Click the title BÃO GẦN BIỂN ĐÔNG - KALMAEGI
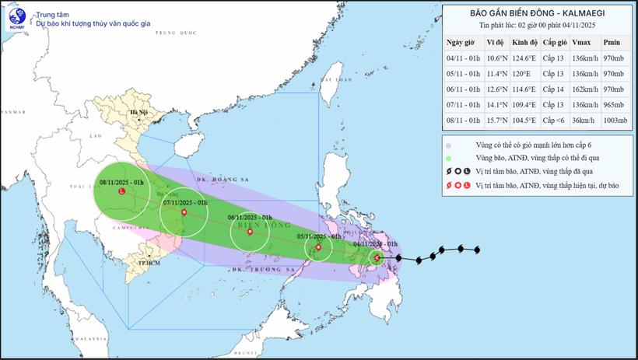(x=537, y=13)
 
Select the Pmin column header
(x=612, y=43)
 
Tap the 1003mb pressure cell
(x=612, y=121)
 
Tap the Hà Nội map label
(x=139, y=114)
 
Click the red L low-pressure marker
(x=122, y=191)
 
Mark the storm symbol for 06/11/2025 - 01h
(x=249, y=232)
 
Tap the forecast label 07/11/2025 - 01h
(x=184, y=202)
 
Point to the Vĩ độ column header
(x=494, y=43)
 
